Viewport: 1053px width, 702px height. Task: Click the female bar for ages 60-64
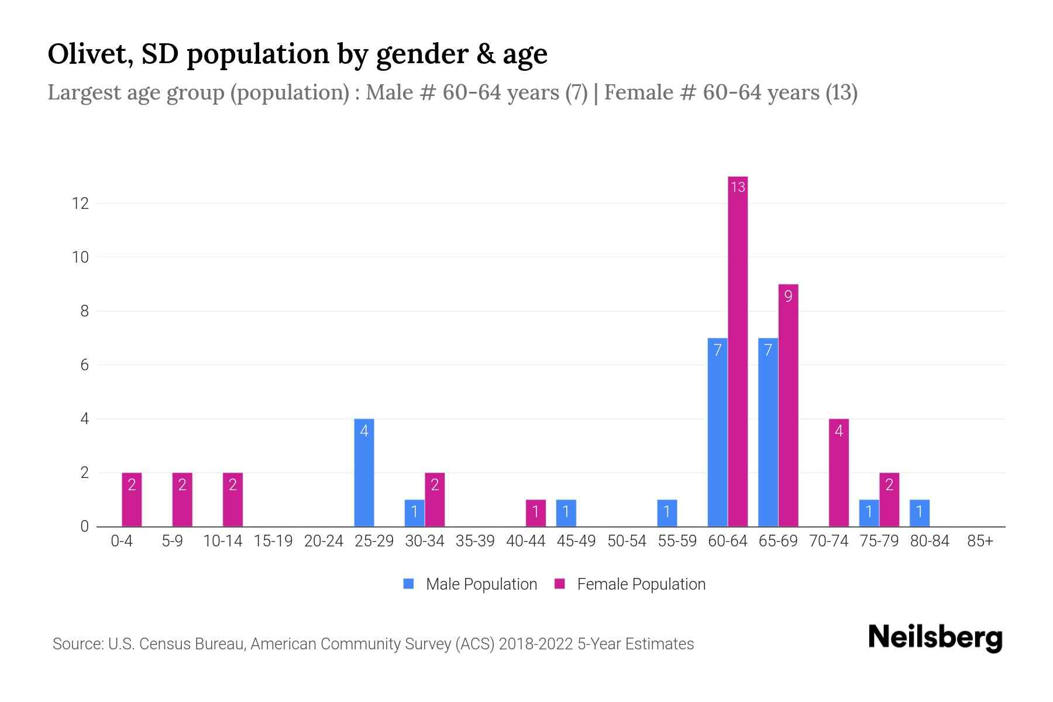coord(738,351)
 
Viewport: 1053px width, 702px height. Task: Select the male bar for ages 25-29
coord(364,473)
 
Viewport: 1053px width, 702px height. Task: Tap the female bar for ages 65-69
coord(788,405)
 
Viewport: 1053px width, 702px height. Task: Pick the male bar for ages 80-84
coord(919,513)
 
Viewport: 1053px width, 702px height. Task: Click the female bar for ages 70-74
coord(838,473)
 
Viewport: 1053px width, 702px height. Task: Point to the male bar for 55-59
coord(667,513)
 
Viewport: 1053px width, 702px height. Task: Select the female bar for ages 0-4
coord(132,500)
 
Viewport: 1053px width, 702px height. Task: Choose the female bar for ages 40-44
coord(535,513)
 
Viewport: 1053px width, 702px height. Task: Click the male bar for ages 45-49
coord(566,513)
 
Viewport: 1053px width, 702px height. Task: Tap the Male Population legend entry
coord(470,584)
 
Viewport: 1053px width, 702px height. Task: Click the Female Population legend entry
coord(630,584)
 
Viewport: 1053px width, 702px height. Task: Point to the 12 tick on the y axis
coord(80,204)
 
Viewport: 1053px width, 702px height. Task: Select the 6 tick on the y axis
coord(84,365)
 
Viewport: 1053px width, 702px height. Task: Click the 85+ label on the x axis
coord(980,541)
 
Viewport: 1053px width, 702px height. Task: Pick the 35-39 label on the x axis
coord(475,541)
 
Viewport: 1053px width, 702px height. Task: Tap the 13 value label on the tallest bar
coord(738,187)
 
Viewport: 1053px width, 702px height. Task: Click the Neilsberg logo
coord(935,638)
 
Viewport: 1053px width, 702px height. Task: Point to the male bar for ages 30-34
coord(414,513)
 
